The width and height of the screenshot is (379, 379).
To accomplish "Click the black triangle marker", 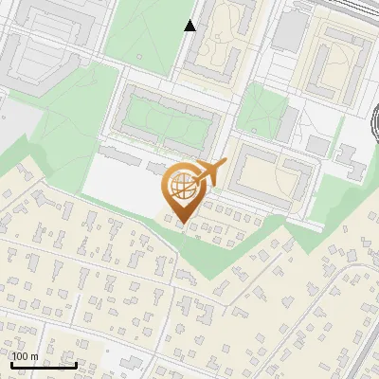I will tap(190, 26).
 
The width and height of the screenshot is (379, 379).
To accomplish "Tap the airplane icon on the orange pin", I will tap(209, 171).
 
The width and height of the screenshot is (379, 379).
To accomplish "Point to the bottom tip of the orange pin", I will tap(182, 227).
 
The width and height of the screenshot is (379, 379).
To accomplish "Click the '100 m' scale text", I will tap(26, 356).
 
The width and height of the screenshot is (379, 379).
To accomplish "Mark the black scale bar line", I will tap(44, 366).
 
